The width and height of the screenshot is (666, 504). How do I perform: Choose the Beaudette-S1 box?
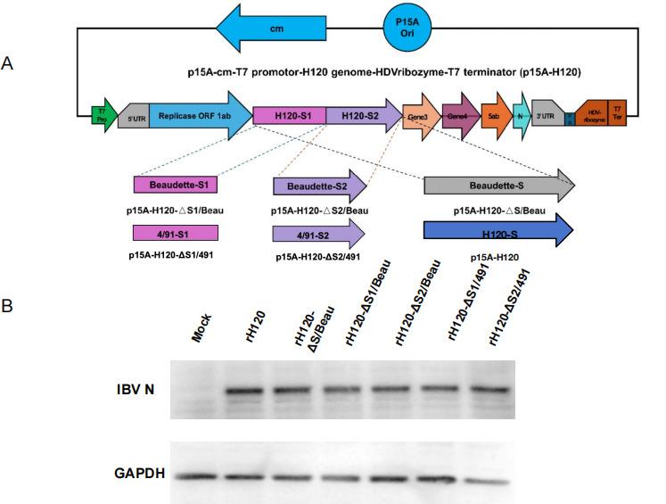coord(176,186)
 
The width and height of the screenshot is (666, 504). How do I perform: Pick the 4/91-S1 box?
coord(176,233)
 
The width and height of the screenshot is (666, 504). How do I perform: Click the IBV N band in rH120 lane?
coord(255,390)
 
